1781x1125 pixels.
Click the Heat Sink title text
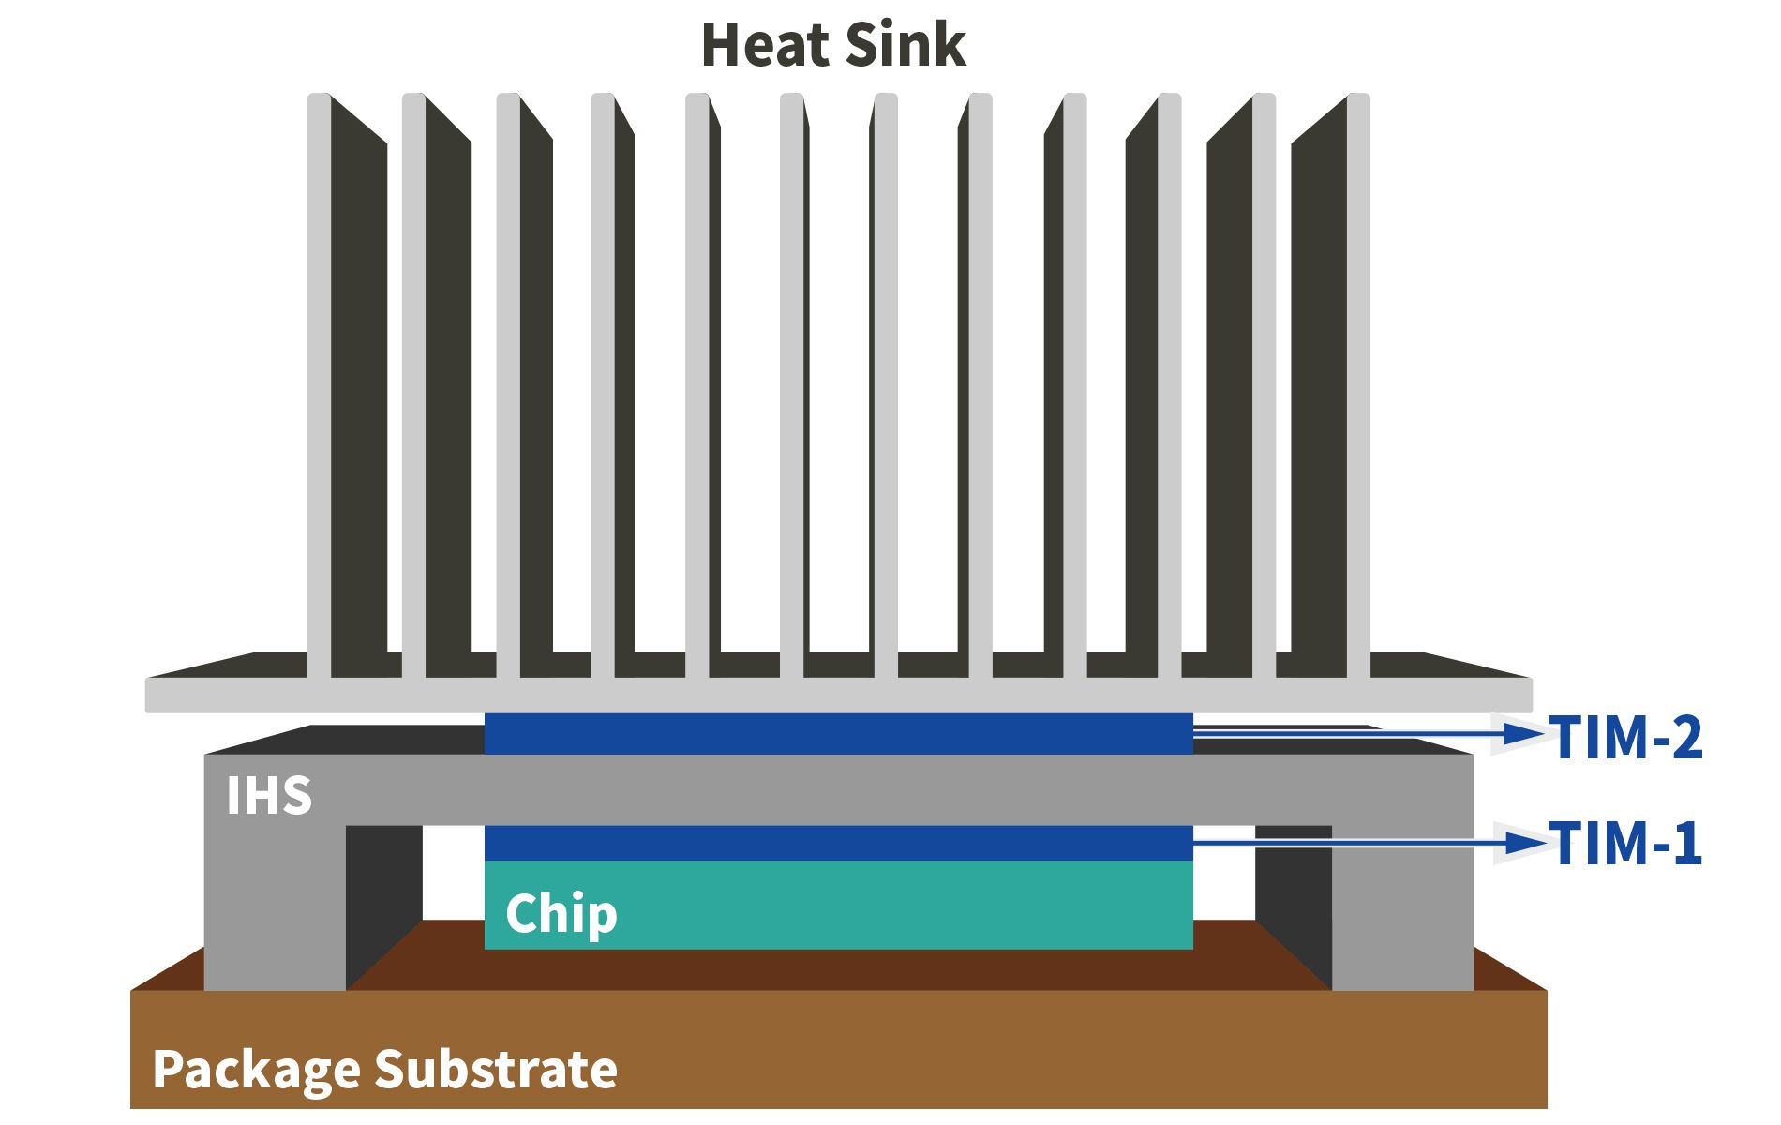832,45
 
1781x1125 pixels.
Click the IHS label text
268,796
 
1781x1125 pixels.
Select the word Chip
561,913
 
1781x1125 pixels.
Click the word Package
256,1070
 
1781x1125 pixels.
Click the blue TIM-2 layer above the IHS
838,734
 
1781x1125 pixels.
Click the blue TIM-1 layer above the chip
838,843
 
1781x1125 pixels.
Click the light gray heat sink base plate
838,695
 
